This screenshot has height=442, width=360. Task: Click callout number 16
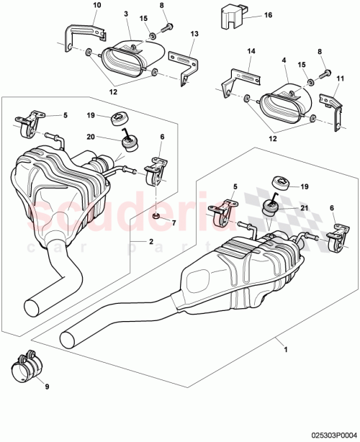point(269,14)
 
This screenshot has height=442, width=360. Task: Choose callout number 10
point(98,6)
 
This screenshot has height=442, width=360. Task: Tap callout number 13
point(194,34)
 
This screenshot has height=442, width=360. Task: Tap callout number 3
point(125,14)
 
